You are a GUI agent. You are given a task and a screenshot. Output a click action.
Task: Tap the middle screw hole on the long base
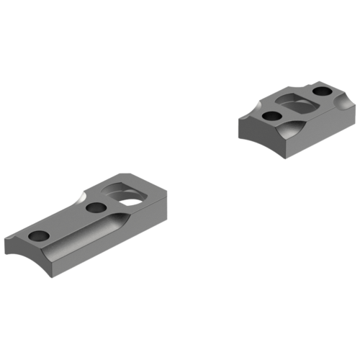[94, 208]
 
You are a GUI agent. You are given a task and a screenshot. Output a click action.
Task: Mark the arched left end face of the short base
[249, 130]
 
